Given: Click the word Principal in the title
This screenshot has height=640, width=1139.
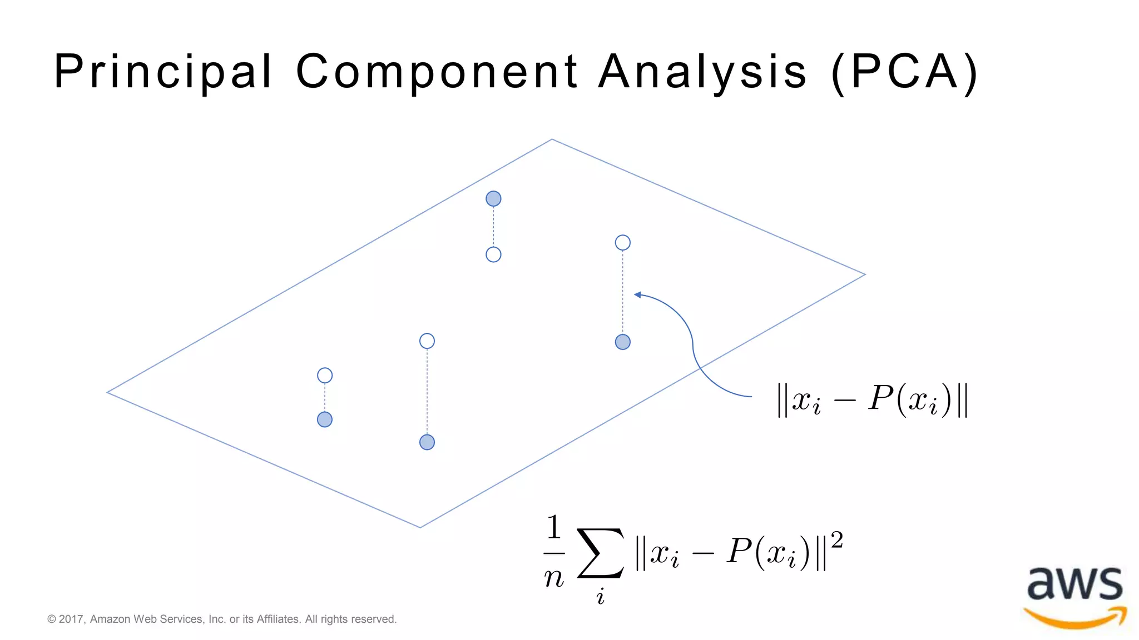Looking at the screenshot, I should (x=162, y=72).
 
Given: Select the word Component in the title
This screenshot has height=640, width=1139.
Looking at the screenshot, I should (x=437, y=72).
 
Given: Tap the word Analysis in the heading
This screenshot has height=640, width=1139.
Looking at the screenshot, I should (x=702, y=72).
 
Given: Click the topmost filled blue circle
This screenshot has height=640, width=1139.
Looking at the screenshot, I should (x=493, y=198).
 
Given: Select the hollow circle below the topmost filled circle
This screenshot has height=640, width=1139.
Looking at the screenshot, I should (x=493, y=254).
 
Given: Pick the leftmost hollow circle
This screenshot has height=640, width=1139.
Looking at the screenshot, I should (x=325, y=376).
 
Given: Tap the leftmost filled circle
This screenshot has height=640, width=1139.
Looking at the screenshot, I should (x=325, y=419).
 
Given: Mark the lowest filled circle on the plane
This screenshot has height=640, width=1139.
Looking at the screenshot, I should (x=427, y=442).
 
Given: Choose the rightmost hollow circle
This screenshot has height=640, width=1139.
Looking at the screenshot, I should (x=623, y=243).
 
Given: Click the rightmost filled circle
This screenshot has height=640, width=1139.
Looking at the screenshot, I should (x=623, y=342).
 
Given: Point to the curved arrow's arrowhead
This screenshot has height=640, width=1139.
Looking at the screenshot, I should (x=637, y=294).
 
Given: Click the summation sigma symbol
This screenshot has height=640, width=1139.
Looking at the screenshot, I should (x=601, y=553).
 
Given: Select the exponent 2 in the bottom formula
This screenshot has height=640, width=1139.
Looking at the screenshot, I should (x=836, y=540).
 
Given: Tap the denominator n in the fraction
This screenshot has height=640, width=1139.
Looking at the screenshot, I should (x=554, y=578).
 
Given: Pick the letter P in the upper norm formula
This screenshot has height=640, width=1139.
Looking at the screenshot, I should (x=880, y=398).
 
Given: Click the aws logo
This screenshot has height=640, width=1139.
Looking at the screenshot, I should (x=1075, y=596).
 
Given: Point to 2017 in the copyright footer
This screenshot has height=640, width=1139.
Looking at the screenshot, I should (x=71, y=619).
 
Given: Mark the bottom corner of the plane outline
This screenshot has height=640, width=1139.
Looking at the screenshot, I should (x=420, y=527).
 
